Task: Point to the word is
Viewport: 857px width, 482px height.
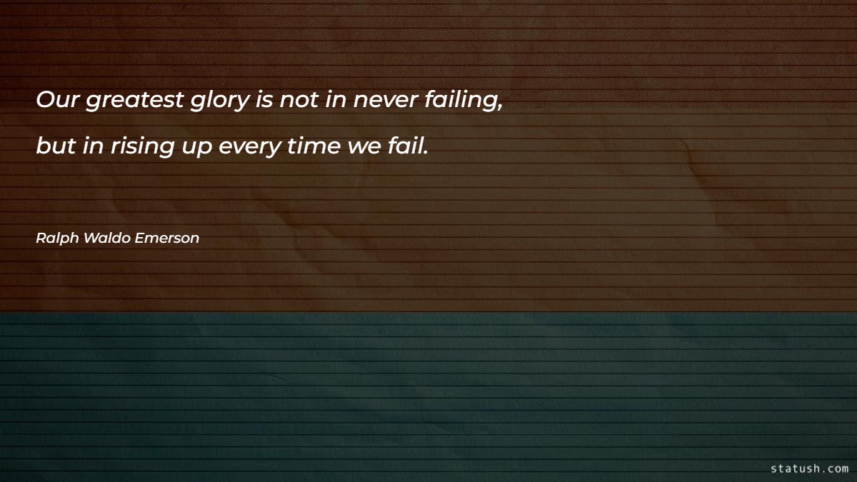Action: point(263,101)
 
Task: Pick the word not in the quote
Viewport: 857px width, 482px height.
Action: point(299,101)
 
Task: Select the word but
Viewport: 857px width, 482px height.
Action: point(56,146)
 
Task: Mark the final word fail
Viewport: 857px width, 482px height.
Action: point(408,146)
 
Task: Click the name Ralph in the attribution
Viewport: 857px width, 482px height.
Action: point(56,239)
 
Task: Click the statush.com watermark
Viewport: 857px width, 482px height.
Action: point(809,468)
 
